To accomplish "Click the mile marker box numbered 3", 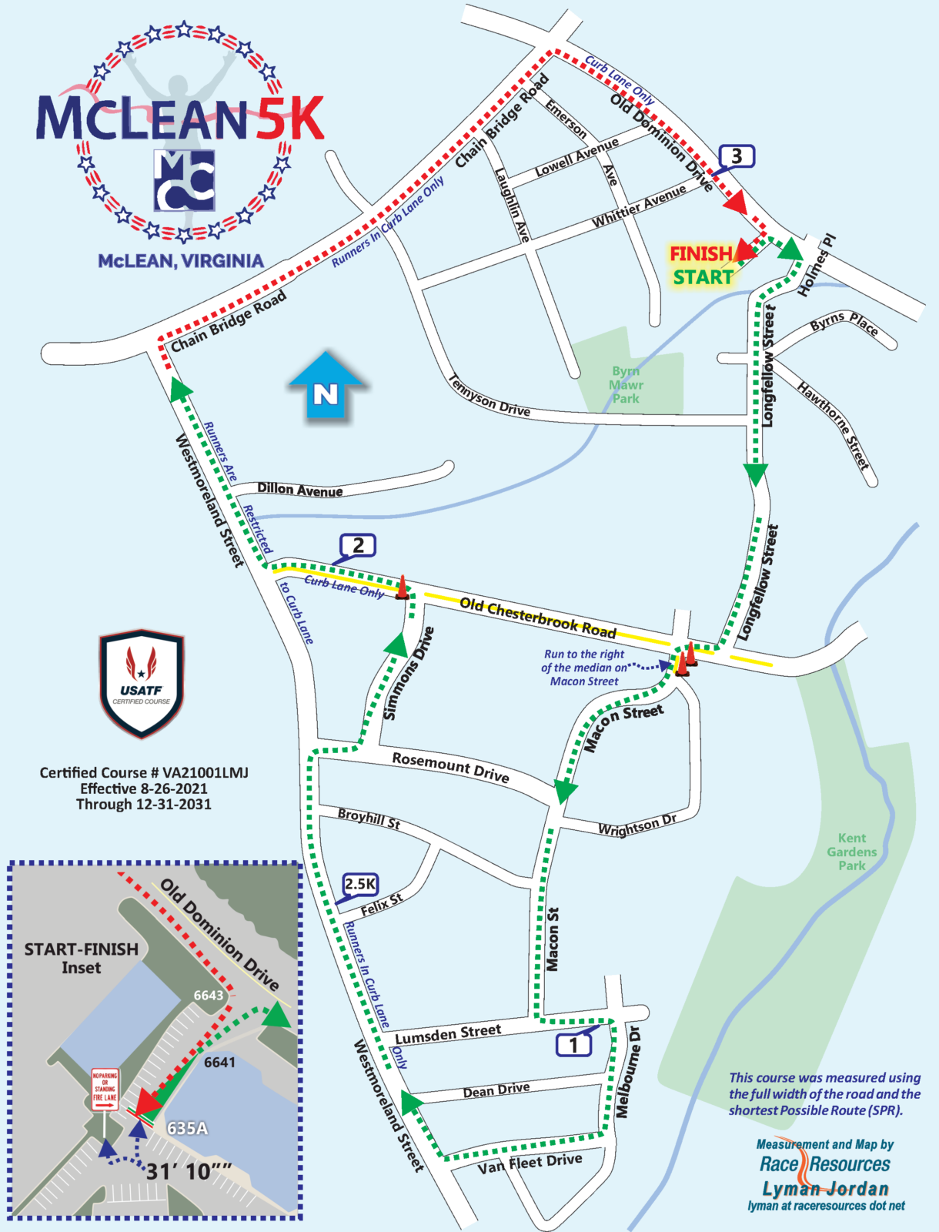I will pyautogui.click(x=737, y=156).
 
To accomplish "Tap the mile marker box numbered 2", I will pyautogui.click(x=358, y=545).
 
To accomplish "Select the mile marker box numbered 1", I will pyautogui.click(x=573, y=1045).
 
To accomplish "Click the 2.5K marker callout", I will pyautogui.click(x=360, y=884).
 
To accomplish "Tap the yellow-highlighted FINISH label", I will pyautogui.click(x=700, y=253).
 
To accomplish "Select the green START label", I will pyautogui.click(x=703, y=277).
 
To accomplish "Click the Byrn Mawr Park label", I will pyautogui.click(x=626, y=384).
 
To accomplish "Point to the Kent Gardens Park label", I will pyautogui.click(x=851, y=852).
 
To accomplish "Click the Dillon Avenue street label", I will pyautogui.click(x=300, y=489).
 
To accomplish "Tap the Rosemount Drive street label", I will pyautogui.click(x=450, y=767).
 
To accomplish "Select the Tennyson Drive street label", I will pyautogui.click(x=490, y=396).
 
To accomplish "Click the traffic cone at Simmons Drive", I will pyautogui.click(x=402, y=587).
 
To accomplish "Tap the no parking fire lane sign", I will pyautogui.click(x=105, y=1089).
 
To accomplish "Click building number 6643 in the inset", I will pyautogui.click(x=208, y=996).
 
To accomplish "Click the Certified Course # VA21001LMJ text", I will pyautogui.click(x=144, y=772).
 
